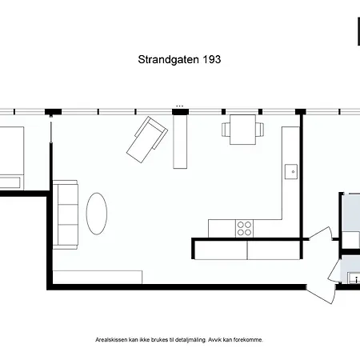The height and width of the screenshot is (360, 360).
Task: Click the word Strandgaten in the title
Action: (168, 60)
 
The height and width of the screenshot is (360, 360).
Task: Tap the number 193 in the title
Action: (212, 59)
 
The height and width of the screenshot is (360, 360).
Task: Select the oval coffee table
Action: (97, 214)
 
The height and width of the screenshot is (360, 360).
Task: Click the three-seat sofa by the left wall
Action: (66, 214)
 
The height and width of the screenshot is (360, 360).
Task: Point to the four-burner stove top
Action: (244, 229)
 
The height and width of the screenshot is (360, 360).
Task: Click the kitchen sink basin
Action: (291, 172)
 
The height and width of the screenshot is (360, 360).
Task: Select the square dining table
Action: (242, 130)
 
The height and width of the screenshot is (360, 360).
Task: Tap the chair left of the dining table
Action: (226, 130)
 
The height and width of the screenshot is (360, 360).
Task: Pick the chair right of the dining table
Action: (260, 130)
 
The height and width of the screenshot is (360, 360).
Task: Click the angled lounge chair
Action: (147, 139)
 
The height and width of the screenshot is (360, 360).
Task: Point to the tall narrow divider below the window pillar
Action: (180, 142)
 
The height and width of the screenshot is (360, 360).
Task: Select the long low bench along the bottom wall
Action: (98, 278)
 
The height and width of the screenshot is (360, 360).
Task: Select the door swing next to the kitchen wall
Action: (321, 234)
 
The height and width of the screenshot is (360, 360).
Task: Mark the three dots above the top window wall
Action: (180, 106)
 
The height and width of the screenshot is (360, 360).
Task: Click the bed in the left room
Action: (12, 158)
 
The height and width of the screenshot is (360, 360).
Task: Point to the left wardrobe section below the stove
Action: (221, 250)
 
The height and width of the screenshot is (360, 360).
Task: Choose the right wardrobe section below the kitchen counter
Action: (274, 250)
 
